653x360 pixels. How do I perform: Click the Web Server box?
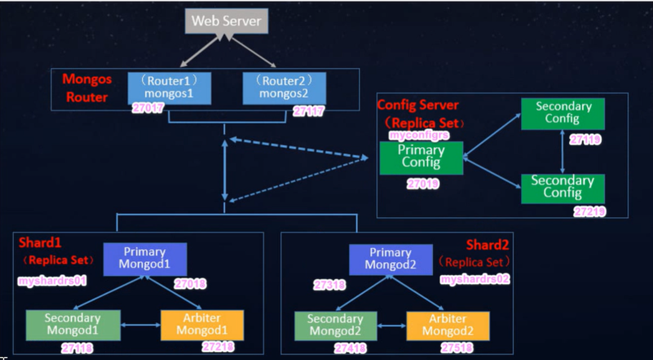[x=226, y=21]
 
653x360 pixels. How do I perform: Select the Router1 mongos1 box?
[x=169, y=88]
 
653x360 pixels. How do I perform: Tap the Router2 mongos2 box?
[x=284, y=88]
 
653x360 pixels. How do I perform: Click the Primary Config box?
[x=421, y=157]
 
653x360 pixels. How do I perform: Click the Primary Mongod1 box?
[x=145, y=258]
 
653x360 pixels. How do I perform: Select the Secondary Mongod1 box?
[x=72, y=324]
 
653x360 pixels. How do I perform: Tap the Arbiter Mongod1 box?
[x=202, y=324]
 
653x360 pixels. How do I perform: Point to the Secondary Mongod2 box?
[x=335, y=325]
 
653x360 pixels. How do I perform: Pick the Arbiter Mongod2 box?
[x=447, y=325]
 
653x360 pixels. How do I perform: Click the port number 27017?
[x=148, y=108]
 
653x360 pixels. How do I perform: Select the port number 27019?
[x=423, y=184]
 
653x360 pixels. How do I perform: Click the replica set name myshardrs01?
[x=52, y=282]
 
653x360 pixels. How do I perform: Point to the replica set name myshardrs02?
[x=475, y=280]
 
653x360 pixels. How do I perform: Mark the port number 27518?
[x=457, y=348]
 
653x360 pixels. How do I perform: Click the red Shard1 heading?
[x=36, y=242]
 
